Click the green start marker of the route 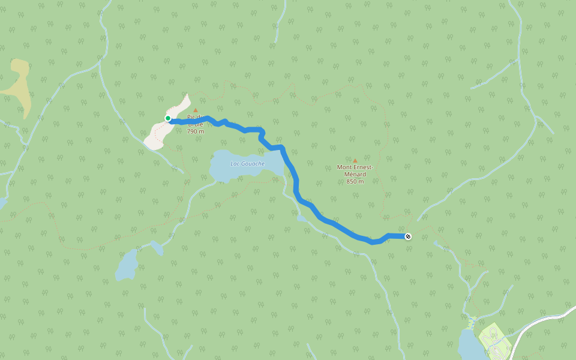tap(168, 118)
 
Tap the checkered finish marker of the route tap(408, 236)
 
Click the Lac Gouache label tap(247, 163)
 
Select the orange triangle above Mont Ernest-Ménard tap(355, 161)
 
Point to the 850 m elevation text tap(355, 181)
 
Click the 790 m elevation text tap(196, 131)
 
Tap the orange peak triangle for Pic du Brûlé tap(195, 110)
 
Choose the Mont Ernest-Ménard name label tap(355, 170)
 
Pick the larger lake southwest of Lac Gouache tap(127, 265)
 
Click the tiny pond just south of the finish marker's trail tap(436, 243)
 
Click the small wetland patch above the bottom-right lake tap(472, 322)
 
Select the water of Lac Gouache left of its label tap(220, 168)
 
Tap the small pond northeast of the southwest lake tap(157, 247)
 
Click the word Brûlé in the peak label tap(196, 124)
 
